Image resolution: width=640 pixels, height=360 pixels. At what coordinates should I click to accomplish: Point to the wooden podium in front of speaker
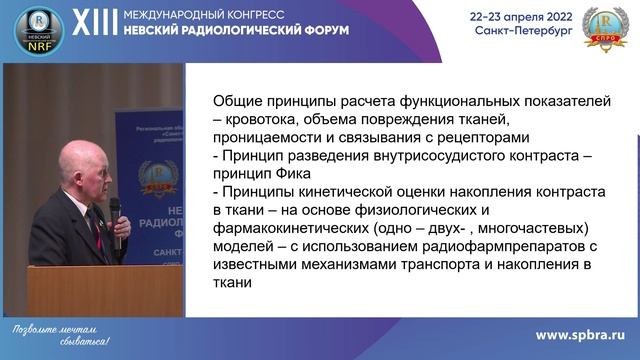105,290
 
